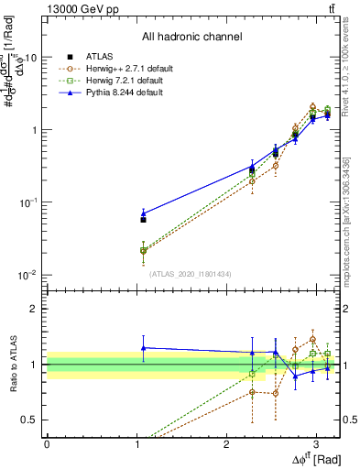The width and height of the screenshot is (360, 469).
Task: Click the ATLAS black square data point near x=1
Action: [x=143, y=220]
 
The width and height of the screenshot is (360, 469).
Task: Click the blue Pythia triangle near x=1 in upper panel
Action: [x=143, y=213]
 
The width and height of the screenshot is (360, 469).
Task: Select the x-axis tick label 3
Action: [x=317, y=442]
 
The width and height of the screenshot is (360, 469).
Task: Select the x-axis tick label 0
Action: [x=47, y=442]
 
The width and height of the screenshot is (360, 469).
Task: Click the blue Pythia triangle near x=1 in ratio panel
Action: [x=143, y=347]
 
